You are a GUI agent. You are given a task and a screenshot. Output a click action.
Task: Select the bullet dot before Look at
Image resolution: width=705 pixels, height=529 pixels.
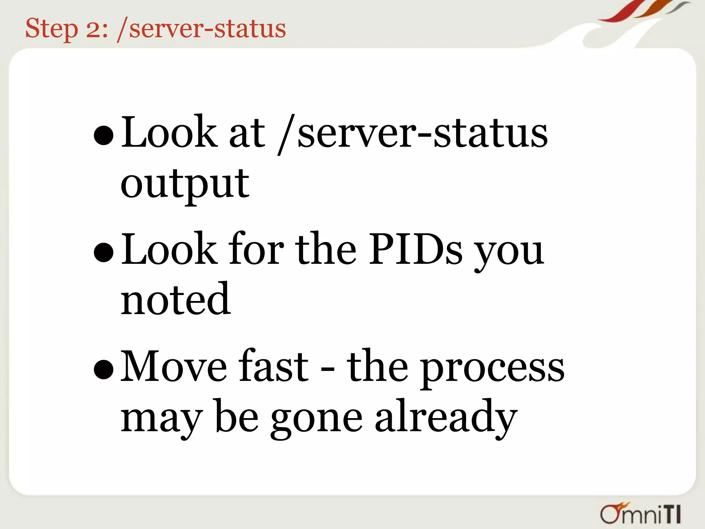tap(104, 135)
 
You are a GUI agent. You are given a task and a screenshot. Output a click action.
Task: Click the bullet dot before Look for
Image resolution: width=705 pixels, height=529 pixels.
tap(104, 252)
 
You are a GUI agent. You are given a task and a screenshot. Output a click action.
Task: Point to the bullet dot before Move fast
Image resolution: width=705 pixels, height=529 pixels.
tap(104, 370)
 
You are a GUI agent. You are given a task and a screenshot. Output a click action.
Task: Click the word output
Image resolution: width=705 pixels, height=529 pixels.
tap(185, 184)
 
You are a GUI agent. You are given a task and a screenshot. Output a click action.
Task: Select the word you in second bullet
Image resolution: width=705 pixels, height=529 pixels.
tap(509, 253)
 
